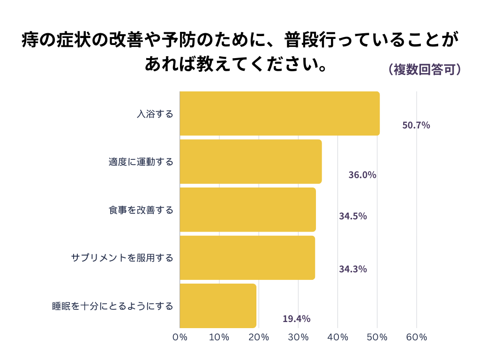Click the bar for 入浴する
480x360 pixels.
point(279,113)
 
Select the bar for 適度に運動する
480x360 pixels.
point(251,162)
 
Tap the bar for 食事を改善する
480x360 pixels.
point(247,210)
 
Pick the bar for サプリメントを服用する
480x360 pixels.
point(247,258)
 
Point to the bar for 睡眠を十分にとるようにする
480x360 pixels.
point(218,306)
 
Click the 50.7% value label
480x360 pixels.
point(416,126)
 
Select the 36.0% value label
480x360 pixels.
point(362,175)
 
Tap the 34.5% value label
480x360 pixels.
point(352,216)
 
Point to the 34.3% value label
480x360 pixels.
point(352,269)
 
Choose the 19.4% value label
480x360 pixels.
point(296,319)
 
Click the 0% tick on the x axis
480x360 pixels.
point(180,337)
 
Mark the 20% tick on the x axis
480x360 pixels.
point(259,337)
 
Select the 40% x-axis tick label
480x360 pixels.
point(337,337)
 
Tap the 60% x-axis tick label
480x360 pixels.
point(416,337)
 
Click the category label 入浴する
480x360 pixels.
point(155,114)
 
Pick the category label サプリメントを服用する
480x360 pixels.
point(122,258)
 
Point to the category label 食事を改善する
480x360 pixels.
point(141,210)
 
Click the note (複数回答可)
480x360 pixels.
point(425,69)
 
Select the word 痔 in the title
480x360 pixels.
point(31,40)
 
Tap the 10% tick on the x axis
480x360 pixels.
point(219,337)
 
